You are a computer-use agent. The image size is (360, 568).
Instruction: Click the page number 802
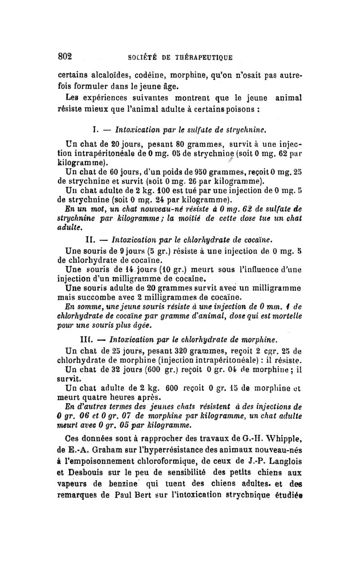(65, 57)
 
